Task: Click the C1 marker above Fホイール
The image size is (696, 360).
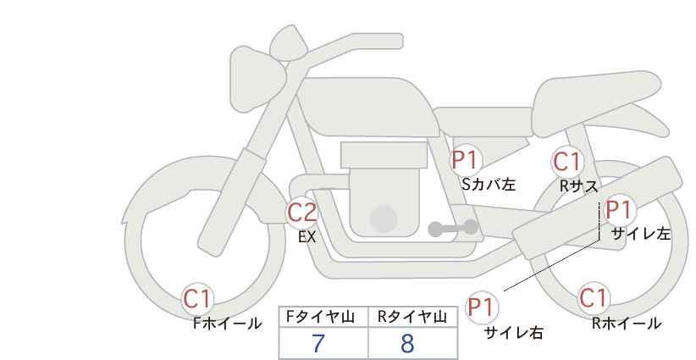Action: coord(198,299)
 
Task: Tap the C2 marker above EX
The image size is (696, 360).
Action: coord(302,213)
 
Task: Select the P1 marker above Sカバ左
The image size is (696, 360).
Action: coord(465,160)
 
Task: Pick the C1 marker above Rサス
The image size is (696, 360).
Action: coord(567,162)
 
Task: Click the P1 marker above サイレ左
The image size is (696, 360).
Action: coord(619,210)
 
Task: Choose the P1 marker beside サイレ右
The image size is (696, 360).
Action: coord(482,307)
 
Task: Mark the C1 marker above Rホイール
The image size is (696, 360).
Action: coord(594,298)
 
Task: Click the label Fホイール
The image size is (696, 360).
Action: coord(227,324)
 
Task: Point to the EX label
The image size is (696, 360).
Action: coord(307,237)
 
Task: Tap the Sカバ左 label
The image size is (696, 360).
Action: coord(489,184)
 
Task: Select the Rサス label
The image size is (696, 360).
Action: coord(579,186)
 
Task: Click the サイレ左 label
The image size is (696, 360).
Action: coord(641,234)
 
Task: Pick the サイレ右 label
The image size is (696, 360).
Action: coord(514,333)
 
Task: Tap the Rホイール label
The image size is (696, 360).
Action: coord(627,324)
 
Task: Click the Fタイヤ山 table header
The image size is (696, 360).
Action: coord(320,317)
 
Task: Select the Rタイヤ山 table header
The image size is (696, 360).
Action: coord(412,317)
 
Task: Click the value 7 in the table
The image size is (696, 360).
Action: coord(318,343)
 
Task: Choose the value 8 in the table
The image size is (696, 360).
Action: coord(407,343)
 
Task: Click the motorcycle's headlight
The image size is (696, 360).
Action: coord(256,80)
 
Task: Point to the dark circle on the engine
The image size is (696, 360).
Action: coord(384,219)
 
